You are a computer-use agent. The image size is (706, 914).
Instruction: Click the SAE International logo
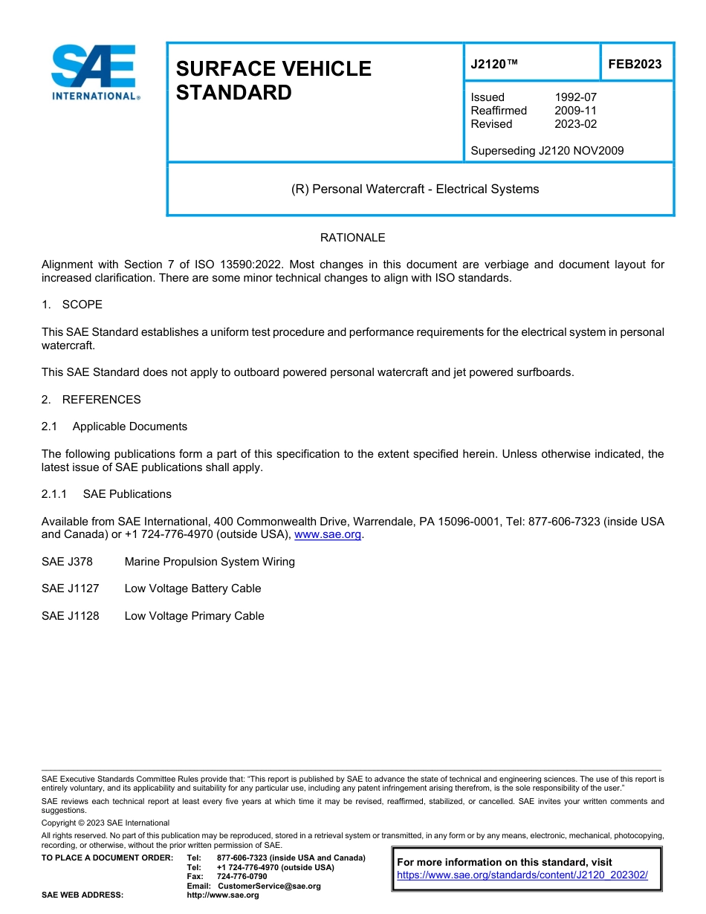pyautogui.click(x=94, y=72)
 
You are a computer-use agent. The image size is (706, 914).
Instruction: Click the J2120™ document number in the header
pyautogui.click(x=494, y=65)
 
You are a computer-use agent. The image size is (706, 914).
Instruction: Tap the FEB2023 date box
pyautogui.click(x=635, y=65)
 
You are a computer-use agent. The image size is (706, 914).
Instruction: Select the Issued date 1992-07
pyautogui.click(x=575, y=97)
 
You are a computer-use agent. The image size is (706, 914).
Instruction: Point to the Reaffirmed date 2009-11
pyautogui.click(x=575, y=111)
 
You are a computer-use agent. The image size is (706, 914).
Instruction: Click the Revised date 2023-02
pyautogui.click(x=575, y=124)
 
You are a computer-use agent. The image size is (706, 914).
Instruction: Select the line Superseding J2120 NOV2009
pyautogui.click(x=547, y=151)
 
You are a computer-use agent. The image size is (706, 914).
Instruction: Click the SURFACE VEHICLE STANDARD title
pyautogui.click(x=273, y=80)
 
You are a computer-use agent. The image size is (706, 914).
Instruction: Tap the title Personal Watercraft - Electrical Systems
pyautogui.click(x=415, y=189)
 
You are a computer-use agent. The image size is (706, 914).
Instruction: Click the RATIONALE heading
pyautogui.click(x=352, y=238)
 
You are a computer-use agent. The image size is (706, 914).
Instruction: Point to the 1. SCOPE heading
pyautogui.click(x=72, y=305)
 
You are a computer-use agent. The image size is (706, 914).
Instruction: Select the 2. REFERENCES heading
pyautogui.click(x=91, y=400)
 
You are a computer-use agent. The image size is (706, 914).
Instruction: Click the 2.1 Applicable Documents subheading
pyautogui.click(x=114, y=427)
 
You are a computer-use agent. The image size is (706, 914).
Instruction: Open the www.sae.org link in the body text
pyautogui.click(x=328, y=534)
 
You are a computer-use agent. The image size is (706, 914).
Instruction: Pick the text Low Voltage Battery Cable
pyautogui.click(x=192, y=589)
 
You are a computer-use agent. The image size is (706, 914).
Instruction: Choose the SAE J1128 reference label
pyautogui.click(x=70, y=616)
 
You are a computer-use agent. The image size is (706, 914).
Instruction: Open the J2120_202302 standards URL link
pyautogui.click(x=522, y=875)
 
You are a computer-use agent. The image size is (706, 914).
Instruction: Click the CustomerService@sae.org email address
pyautogui.click(x=269, y=886)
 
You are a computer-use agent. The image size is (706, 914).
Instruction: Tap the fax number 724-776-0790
pyautogui.click(x=242, y=877)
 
